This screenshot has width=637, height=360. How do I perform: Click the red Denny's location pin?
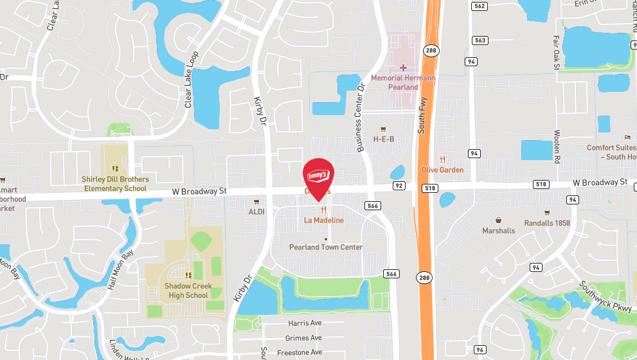pyautogui.click(x=318, y=175)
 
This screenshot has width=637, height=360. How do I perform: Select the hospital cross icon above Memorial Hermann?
pyautogui.click(x=403, y=67)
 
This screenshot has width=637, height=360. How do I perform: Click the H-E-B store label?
pyautogui.click(x=384, y=139)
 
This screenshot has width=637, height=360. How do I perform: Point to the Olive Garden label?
pyautogui.click(x=442, y=170)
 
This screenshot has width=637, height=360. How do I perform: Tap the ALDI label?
pyautogui.click(x=256, y=211)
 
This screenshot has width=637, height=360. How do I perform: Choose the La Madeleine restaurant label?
pyautogui.click(x=324, y=220)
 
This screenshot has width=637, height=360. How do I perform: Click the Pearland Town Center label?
pyautogui.click(x=326, y=247)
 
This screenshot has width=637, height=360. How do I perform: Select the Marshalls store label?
pyautogui.click(x=499, y=230)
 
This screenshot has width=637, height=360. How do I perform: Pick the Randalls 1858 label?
pyautogui.click(x=547, y=222)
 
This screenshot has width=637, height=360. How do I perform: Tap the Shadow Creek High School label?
pyautogui.click(x=186, y=291)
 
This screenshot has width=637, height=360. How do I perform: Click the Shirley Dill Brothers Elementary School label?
pyautogui.click(x=116, y=184)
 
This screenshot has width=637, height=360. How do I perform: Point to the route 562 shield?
pyautogui.click(x=479, y=6)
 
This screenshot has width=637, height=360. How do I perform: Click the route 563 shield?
pyautogui.click(x=480, y=40)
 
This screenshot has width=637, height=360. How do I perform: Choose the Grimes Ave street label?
pyautogui.click(x=303, y=337)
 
